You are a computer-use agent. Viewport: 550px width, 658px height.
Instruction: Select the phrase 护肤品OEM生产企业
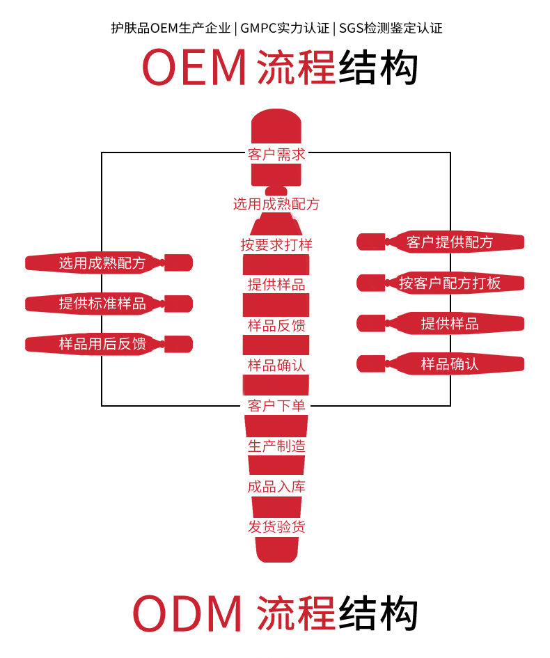click(x=171, y=29)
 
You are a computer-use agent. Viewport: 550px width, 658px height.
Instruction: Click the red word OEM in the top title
click(x=195, y=68)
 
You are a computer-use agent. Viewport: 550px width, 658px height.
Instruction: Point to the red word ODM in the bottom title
click(x=187, y=614)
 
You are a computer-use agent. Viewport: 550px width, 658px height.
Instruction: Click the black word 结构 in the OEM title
click(x=378, y=68)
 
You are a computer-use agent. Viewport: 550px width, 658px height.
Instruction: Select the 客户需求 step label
click(x=276, y=155)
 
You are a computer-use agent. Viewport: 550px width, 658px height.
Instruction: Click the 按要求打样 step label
click(x=276, y=244)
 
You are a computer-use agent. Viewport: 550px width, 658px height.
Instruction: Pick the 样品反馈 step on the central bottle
click(x=276, y=325)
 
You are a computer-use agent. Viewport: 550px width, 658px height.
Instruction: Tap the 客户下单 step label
click(x=276, y=405)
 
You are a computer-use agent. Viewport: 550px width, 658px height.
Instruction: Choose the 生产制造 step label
click(x=276, y=446)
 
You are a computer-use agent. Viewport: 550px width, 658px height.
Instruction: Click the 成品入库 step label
click(x=276, y=486)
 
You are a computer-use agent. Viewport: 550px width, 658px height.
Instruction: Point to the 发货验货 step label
click(x=276, y=526)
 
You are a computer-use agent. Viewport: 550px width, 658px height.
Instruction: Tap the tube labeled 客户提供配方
click(x=449, y=242)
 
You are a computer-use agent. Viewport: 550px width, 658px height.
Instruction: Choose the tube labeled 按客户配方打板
click(x=449, y=283)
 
